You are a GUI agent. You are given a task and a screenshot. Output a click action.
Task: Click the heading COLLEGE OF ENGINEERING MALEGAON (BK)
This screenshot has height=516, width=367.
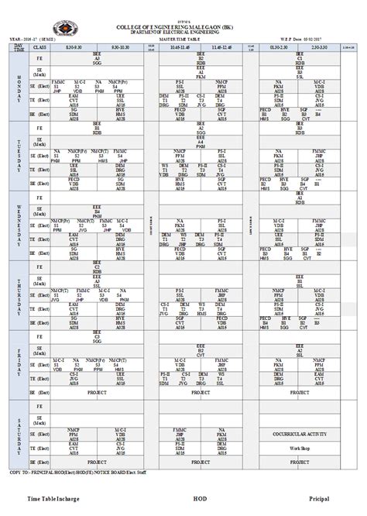[x=183, y=26]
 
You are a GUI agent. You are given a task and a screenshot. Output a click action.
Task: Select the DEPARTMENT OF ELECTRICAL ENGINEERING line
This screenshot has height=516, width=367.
[x=183, y=32]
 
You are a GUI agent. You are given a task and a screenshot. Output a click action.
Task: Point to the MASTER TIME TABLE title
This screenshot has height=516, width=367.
[x=183, y=40]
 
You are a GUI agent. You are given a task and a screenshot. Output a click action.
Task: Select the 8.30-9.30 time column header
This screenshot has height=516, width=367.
[x=74, y=48]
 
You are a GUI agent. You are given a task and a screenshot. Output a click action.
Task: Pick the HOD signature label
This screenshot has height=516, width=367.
[x=201, y=500]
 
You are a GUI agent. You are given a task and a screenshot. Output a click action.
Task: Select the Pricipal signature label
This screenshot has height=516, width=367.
[x=320, y=500]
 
